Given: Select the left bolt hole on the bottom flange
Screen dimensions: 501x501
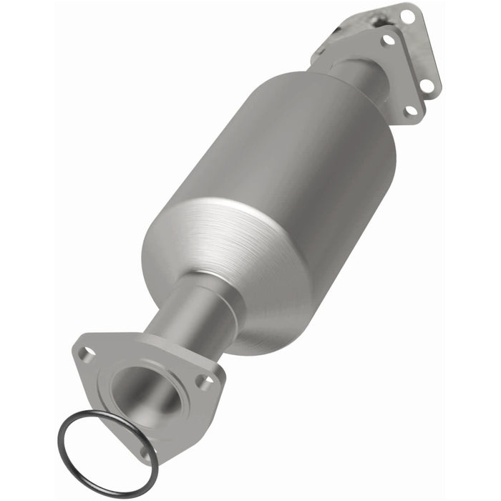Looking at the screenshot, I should click(x=87, y=352).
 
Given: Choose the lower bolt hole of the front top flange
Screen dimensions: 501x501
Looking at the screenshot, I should click(x=410, y=110).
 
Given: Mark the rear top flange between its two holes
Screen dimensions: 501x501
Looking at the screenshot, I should click(x=422, y=50).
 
